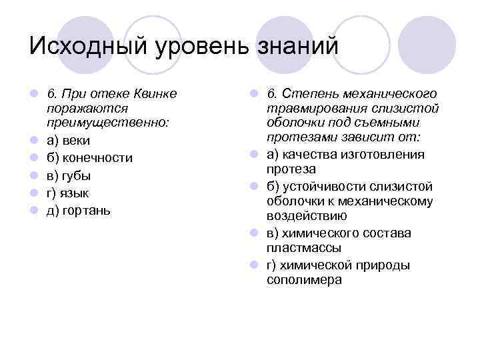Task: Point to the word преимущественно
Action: click(98, 123)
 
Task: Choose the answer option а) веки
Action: click(69, 141)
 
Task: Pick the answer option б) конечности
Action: click(89, 158)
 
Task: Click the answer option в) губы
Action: click(69, 176)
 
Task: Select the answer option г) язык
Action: click(68, 193)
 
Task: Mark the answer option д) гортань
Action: click(79, 211)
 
